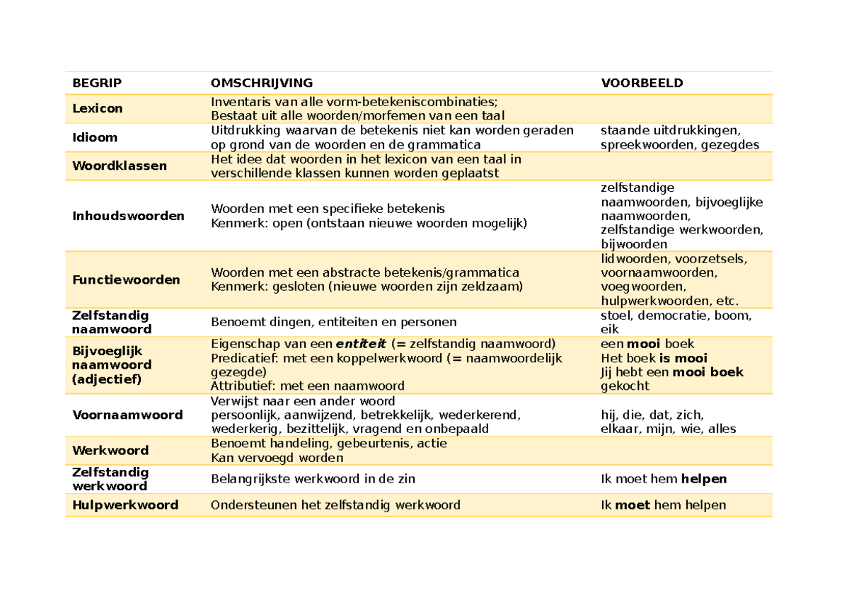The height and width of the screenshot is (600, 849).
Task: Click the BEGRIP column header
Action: click(x=97, y=83)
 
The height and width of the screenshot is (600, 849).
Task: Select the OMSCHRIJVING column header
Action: click(x=261, y=83)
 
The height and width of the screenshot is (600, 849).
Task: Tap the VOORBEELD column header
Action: click(x=642, y=83)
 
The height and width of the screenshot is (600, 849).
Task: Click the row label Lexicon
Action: click(x=97, y=108)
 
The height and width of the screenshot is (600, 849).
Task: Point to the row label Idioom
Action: click(x=95, y=137)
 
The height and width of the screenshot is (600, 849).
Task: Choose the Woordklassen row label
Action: click(x=120, y=166)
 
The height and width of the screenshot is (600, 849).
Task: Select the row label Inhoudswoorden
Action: click(x=128, y=216)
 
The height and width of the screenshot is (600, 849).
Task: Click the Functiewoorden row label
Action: click(x=126, y=279)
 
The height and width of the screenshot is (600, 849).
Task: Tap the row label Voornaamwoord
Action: click(x=127, y=415)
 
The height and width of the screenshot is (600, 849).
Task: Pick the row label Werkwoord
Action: click(x=110, y=450)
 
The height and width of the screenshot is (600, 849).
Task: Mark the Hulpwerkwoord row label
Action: click(x=125, y=504)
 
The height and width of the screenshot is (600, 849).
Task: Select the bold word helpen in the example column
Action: click(x=703, y=479)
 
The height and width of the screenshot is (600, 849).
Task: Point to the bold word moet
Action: click(x=633, y=504)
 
